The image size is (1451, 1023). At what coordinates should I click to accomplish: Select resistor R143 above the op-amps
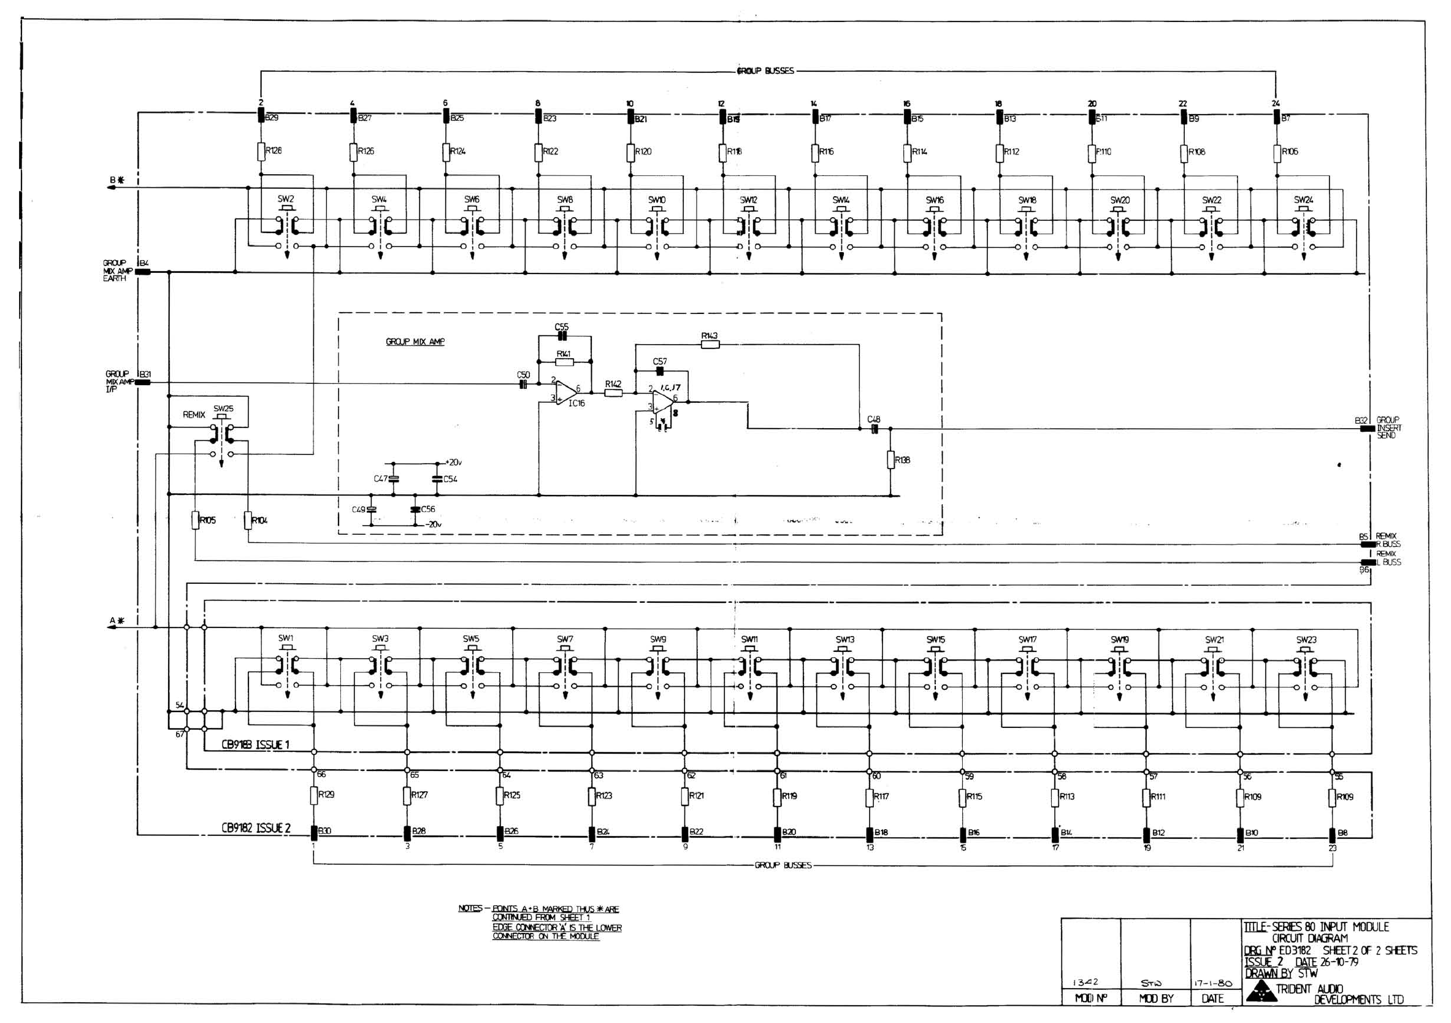click(x=710, y=344)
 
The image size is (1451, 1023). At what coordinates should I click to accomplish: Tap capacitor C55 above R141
click(x=562, y=335)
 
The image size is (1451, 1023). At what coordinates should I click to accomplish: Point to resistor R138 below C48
click(x=890, y=459)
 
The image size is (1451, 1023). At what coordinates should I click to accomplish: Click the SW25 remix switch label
click(x=223, y=408)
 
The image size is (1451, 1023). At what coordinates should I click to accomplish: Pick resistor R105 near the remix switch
click(x=196, y=520)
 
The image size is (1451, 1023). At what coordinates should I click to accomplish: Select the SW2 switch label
click(x=286, y=199)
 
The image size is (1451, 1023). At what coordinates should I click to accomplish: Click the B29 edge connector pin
click(x=261, y=117)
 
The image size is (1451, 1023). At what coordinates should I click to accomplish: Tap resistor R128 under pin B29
click(x=261, y=151)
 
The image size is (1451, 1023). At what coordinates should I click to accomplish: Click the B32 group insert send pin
click(x=1367, y=429)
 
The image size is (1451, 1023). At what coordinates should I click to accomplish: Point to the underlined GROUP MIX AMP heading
click(x=415, y=342)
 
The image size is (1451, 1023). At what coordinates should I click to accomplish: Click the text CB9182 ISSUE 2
click(x=256, y=828)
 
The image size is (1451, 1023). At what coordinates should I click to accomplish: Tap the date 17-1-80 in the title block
click(x=1212, y=983)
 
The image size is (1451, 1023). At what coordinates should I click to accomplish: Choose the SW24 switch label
click(x=1304, y=200)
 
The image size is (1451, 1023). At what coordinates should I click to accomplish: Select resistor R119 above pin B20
click(x=778, y=797)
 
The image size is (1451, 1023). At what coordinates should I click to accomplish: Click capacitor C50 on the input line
click(x=523, y=383)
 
